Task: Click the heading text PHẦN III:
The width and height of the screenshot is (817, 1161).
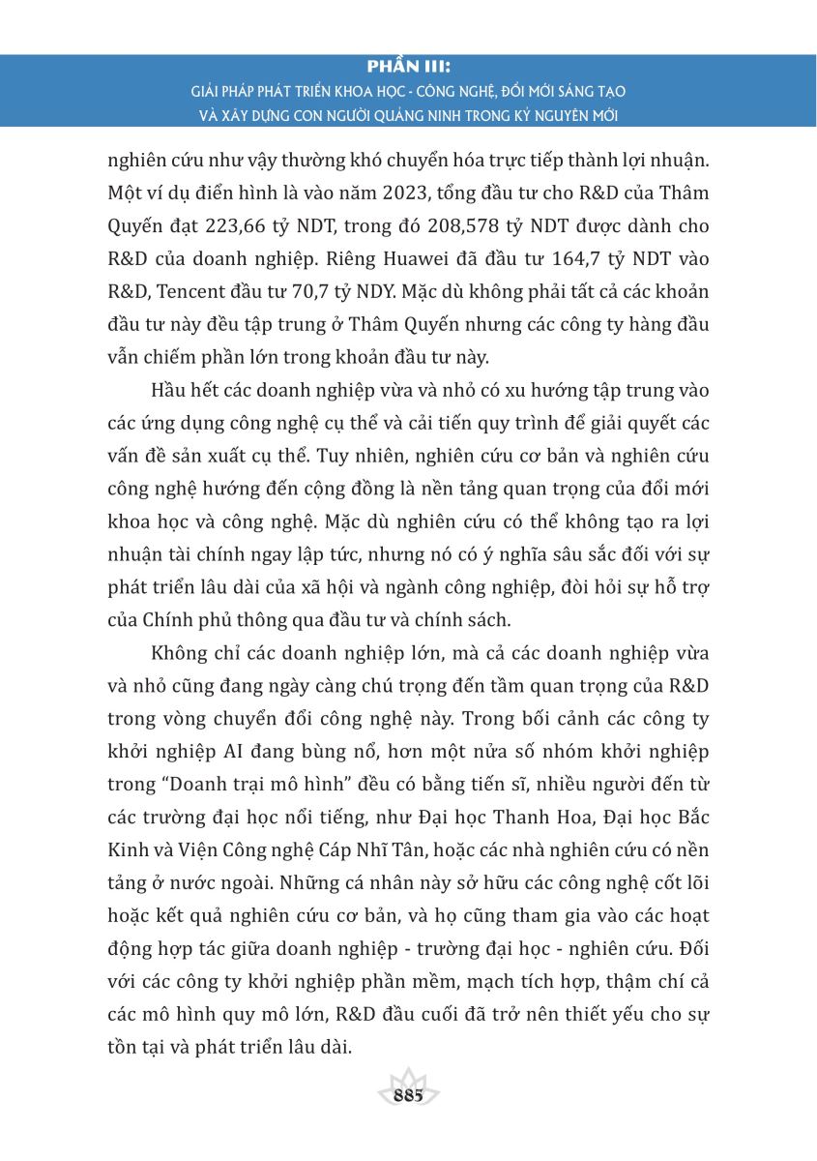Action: tap(409, 69)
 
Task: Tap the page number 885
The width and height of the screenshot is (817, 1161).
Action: tap(409, 1096)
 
